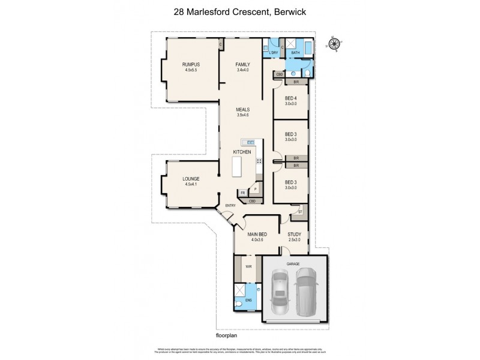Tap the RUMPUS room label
pyautogui.click(x=191, y=64)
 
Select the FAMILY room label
pyautogui.click(x=242, y=64)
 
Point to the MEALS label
pyautogui.click(x=242, y=109)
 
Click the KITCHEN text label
pyautogui.click(x=242, y=153)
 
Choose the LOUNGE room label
pyautogui.click(x=191, y=179)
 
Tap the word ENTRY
pyautogui.click(x=230, y=206)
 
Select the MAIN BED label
pyautogui.click(x=257, y=235)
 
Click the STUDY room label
pyautogui.click(x=293, y=235)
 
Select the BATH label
pyautogui.click(x=295, y=53)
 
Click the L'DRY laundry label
pyautogui.click(x=274, y=53)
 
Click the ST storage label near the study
pyautogui.click(x=300, y=211)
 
